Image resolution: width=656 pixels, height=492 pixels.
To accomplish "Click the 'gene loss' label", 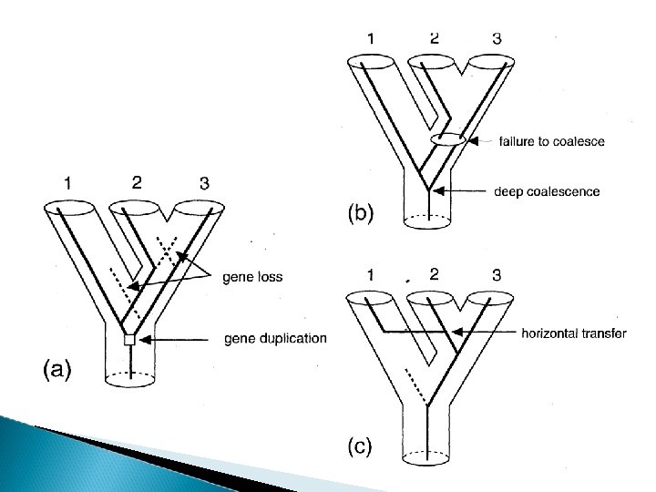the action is [x=252, y=278].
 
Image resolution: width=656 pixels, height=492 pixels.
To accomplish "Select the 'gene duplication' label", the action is [x=274, y=339].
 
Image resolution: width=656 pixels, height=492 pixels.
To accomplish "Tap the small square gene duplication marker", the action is [x=129, y=340].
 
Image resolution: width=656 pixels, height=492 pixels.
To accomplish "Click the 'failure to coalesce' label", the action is [x=551, y=141].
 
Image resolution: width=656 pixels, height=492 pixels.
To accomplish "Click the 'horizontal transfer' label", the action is [x=574, y=333].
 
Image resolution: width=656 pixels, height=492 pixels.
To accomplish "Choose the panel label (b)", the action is [x=360, y=214].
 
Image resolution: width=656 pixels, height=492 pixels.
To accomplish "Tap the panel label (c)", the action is [x=359, y=447].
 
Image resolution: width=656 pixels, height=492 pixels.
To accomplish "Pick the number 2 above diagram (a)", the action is [x=136, y=181].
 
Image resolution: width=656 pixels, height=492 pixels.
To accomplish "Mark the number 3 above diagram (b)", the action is [x=496, y=38].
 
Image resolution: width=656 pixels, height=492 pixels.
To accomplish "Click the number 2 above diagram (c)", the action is [x=434, y=273].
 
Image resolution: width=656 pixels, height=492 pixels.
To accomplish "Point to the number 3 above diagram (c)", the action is [x=496, y=273].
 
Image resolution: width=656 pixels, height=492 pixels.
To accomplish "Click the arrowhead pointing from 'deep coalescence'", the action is [x=439, y=191].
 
